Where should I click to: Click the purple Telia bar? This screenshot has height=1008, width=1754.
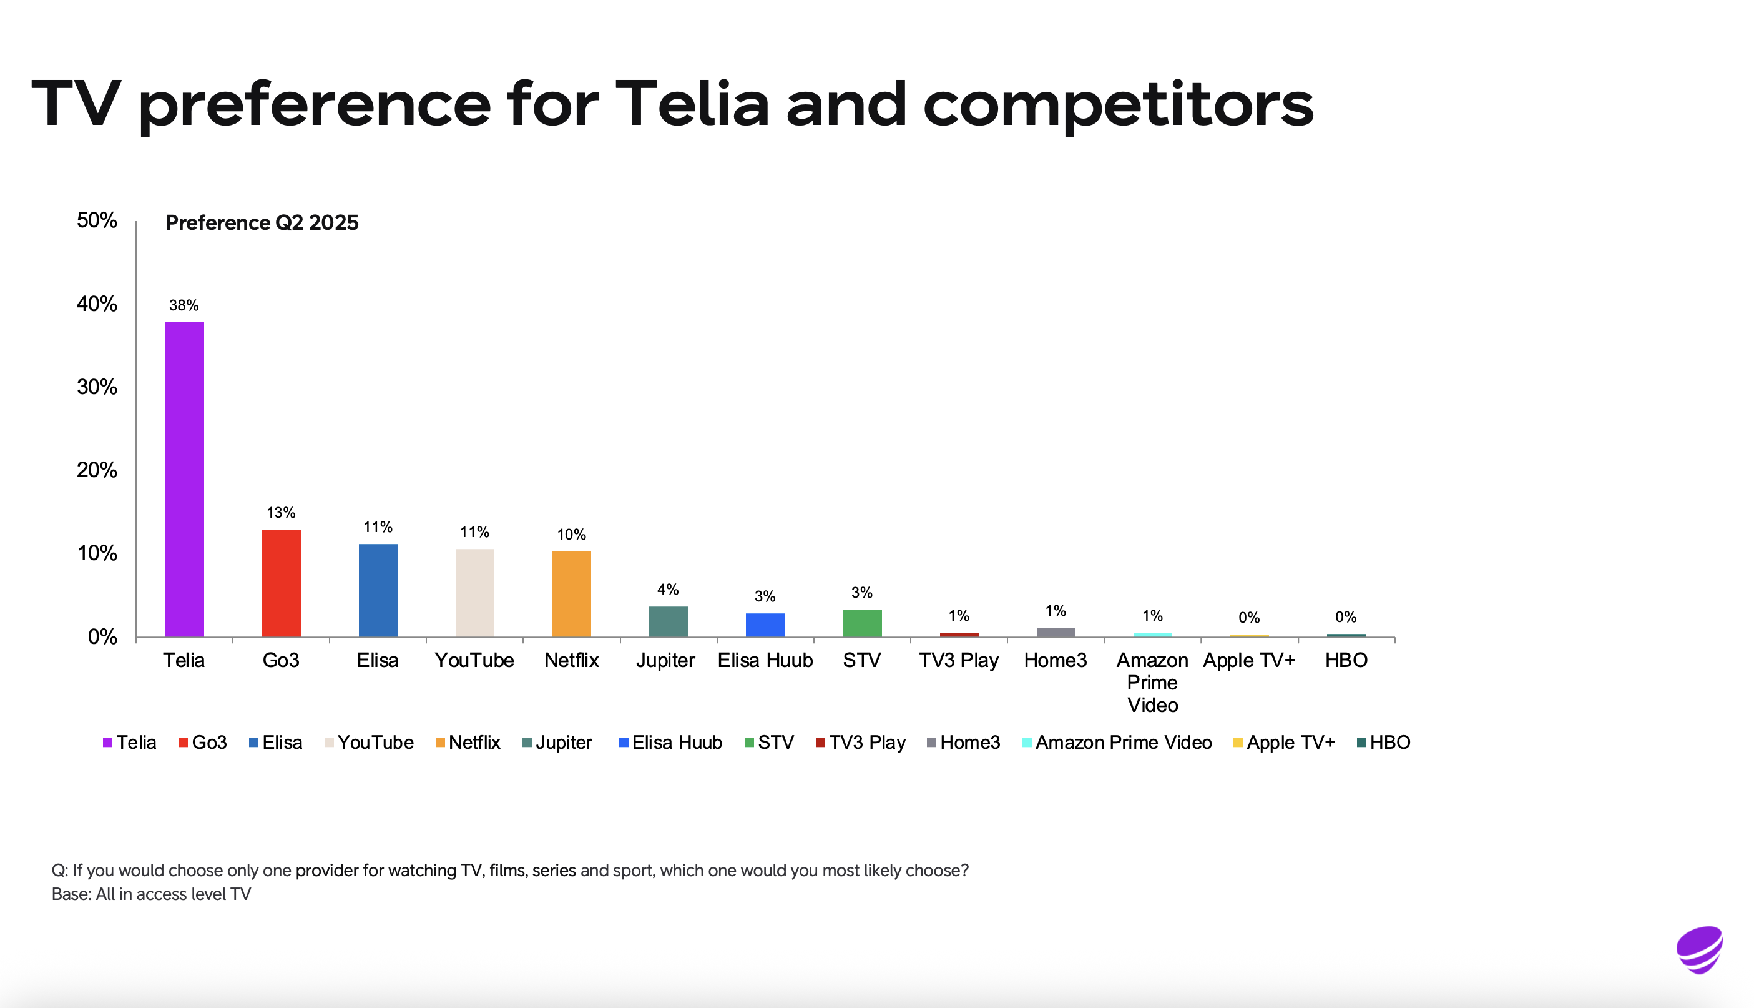tap(184, 479)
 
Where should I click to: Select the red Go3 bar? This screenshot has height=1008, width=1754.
tap(281, 583)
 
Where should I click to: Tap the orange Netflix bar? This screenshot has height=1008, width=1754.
tap(572, 593)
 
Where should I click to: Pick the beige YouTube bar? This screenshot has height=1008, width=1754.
tap(474, 593)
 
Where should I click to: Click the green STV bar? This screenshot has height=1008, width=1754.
tap(862, 623)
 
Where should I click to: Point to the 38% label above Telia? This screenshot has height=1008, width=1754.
tap(184, 305)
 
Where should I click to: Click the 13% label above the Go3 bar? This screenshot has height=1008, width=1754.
tap(281, 513)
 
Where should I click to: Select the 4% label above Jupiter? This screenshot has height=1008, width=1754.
tap(668, 589)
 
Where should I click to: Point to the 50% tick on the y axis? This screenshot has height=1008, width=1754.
tap(97, 220)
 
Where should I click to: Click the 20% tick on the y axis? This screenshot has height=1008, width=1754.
tap(97, 470)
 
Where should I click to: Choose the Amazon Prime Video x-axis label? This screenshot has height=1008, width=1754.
tap(1152, 683)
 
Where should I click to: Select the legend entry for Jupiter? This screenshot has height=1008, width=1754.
tap(557, 743)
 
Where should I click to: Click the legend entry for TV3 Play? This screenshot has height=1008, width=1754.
tap(861, 743)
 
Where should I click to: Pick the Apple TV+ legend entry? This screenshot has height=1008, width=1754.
tap(1284, 743)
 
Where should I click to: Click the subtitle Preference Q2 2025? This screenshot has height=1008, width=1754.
tap(262, 223)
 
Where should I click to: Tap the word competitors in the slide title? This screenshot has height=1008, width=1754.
tap(1118, 104)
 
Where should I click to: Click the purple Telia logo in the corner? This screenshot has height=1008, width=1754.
tap(1699, 950)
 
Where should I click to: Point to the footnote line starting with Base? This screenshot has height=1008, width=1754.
tap(152, 894)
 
